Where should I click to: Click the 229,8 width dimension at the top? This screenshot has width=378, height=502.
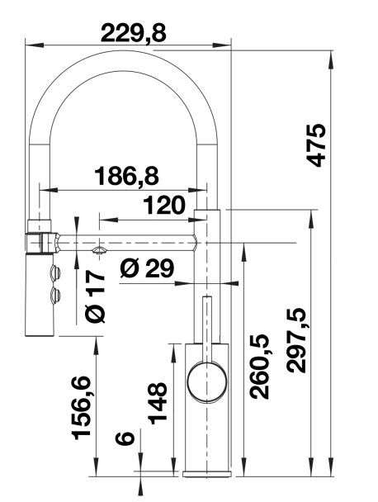click(x=134, y=34)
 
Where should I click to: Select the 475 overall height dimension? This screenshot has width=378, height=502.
click(x=316, y=145)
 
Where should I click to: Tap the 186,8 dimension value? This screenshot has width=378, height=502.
click(x=127, y=176)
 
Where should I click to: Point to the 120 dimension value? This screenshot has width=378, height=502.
click(x=164, y=206)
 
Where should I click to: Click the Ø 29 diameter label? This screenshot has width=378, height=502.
click(x=147, y=268)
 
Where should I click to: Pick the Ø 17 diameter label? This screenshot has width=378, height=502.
click(x=96, y=296)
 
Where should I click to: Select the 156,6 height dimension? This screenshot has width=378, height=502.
click(x=81, y=408)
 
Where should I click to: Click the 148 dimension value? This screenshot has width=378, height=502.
click(x=158, y=404)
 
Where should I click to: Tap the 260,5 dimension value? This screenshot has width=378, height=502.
click(x=259, y=367)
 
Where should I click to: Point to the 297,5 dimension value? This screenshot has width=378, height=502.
click(x=296, y=341)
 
